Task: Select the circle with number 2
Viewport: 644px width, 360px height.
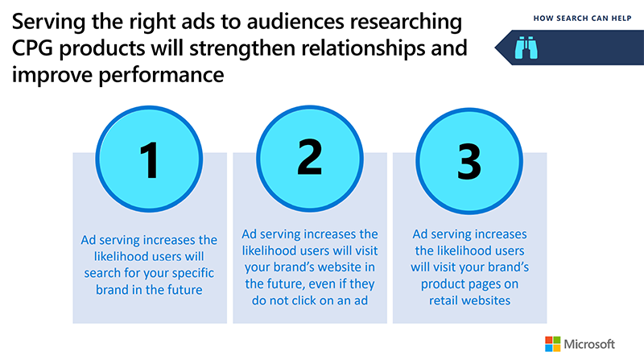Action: pyautogui.click(x=309, y=159)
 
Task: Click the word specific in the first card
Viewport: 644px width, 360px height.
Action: pyautogui.click(x=192, y=271)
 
